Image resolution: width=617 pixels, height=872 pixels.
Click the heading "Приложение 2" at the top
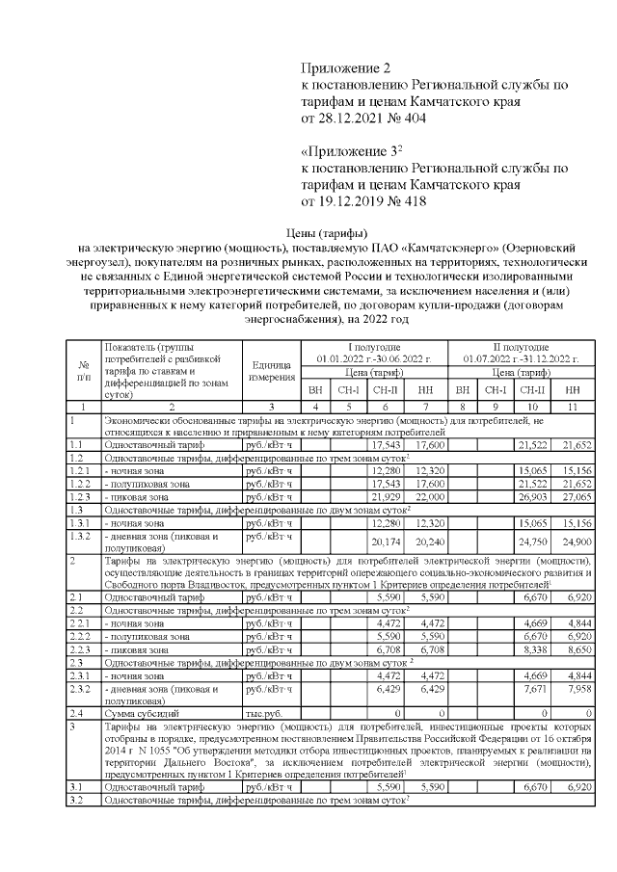click(x=348, y=67)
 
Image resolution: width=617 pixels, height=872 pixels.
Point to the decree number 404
click(x=409, y=119)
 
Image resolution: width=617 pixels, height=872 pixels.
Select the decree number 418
click(x=409, y=202)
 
